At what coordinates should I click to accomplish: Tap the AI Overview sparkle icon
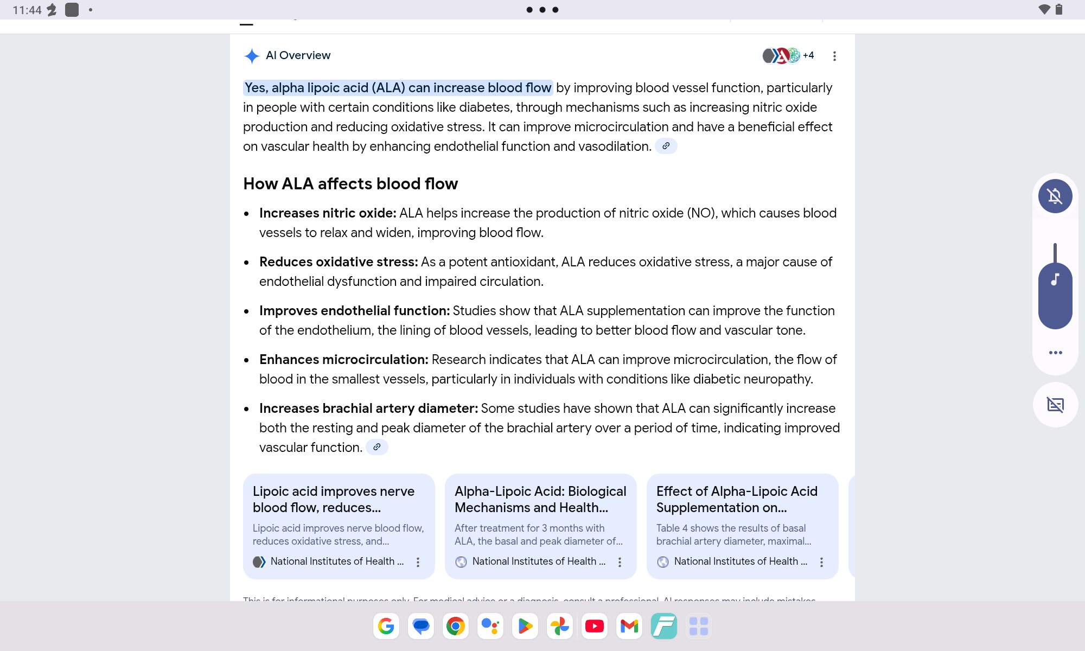tap(252, 56)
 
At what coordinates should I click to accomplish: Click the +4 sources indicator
tap(808, 55)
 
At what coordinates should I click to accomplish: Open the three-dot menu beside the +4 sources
tap(834, 56)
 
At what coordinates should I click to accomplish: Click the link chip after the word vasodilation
tap(666, 146)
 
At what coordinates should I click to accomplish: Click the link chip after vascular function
tap(376, 447)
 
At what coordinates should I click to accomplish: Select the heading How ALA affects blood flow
tap(350, 184)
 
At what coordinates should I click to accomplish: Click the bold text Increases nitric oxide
tap(328, 213)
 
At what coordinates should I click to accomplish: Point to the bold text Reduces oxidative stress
tap(339, 262)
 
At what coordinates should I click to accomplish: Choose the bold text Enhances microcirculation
tap(344, 360)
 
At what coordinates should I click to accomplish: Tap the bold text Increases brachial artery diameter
tap(368, 409)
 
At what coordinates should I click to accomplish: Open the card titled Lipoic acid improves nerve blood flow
tap(333, 499)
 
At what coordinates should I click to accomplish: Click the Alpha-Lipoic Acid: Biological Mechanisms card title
tap(540, 499)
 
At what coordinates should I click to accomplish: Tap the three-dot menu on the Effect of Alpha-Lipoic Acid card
tap(821, 562)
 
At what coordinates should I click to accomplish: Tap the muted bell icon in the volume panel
tap(1055, 196)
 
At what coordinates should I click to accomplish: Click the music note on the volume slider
tap(1055, 280)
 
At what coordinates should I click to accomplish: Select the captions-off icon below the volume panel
tap(1055, 405)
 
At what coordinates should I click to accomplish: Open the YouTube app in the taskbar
tap(595, 626)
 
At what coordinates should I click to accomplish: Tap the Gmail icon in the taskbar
tap(629, 626)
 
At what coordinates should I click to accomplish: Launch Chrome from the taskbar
tap(456, 626)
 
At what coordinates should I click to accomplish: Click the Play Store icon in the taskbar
tap(525, 626)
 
